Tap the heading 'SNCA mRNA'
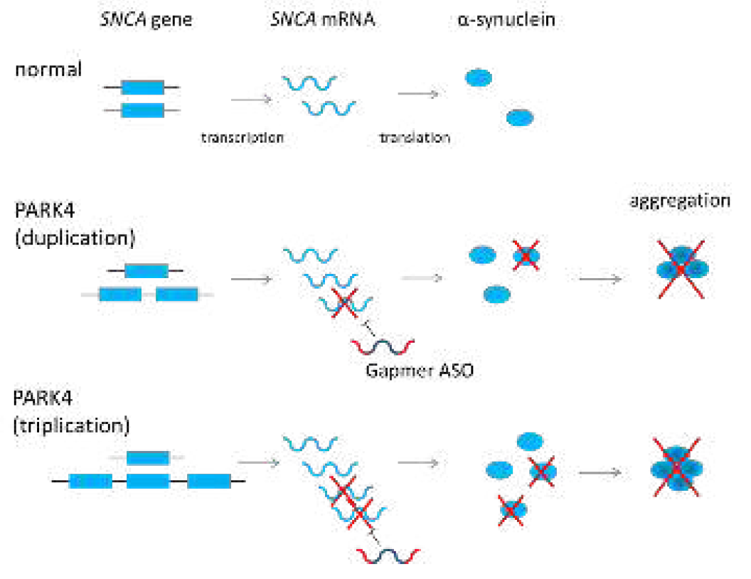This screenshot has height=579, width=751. point(323,20)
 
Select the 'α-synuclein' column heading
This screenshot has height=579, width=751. point(506,20)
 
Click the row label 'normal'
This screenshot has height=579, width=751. point(48,70)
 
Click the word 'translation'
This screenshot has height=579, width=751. point(415,137)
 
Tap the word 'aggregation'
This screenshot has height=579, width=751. point(680,201)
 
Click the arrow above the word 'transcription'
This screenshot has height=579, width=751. point(251,99)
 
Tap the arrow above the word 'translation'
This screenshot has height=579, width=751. point(418,93)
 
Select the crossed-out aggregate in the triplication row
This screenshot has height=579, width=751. point(676,467)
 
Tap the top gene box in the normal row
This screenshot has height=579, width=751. point(142,87)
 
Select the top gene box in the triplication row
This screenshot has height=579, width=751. point(148,457)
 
